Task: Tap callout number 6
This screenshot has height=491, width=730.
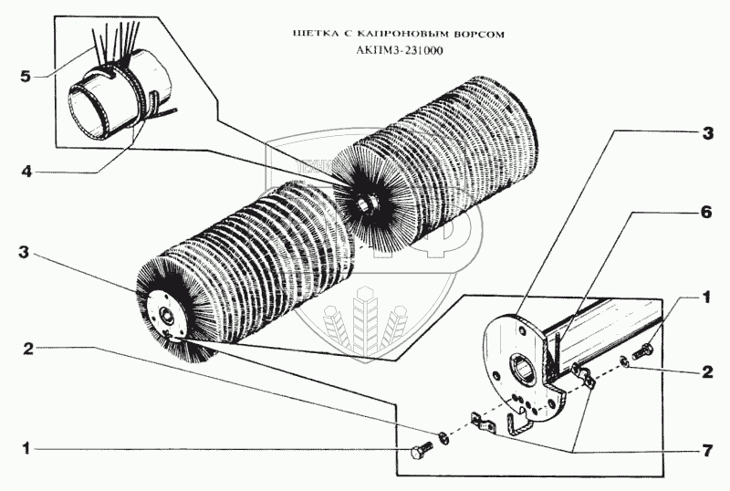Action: pyautogui.click(x=704, y=209)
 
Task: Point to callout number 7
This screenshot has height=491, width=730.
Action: pyautogui.click(x=704, y=450)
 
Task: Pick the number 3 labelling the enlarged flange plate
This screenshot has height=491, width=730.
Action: pyautogui.click(x=704, y=131)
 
